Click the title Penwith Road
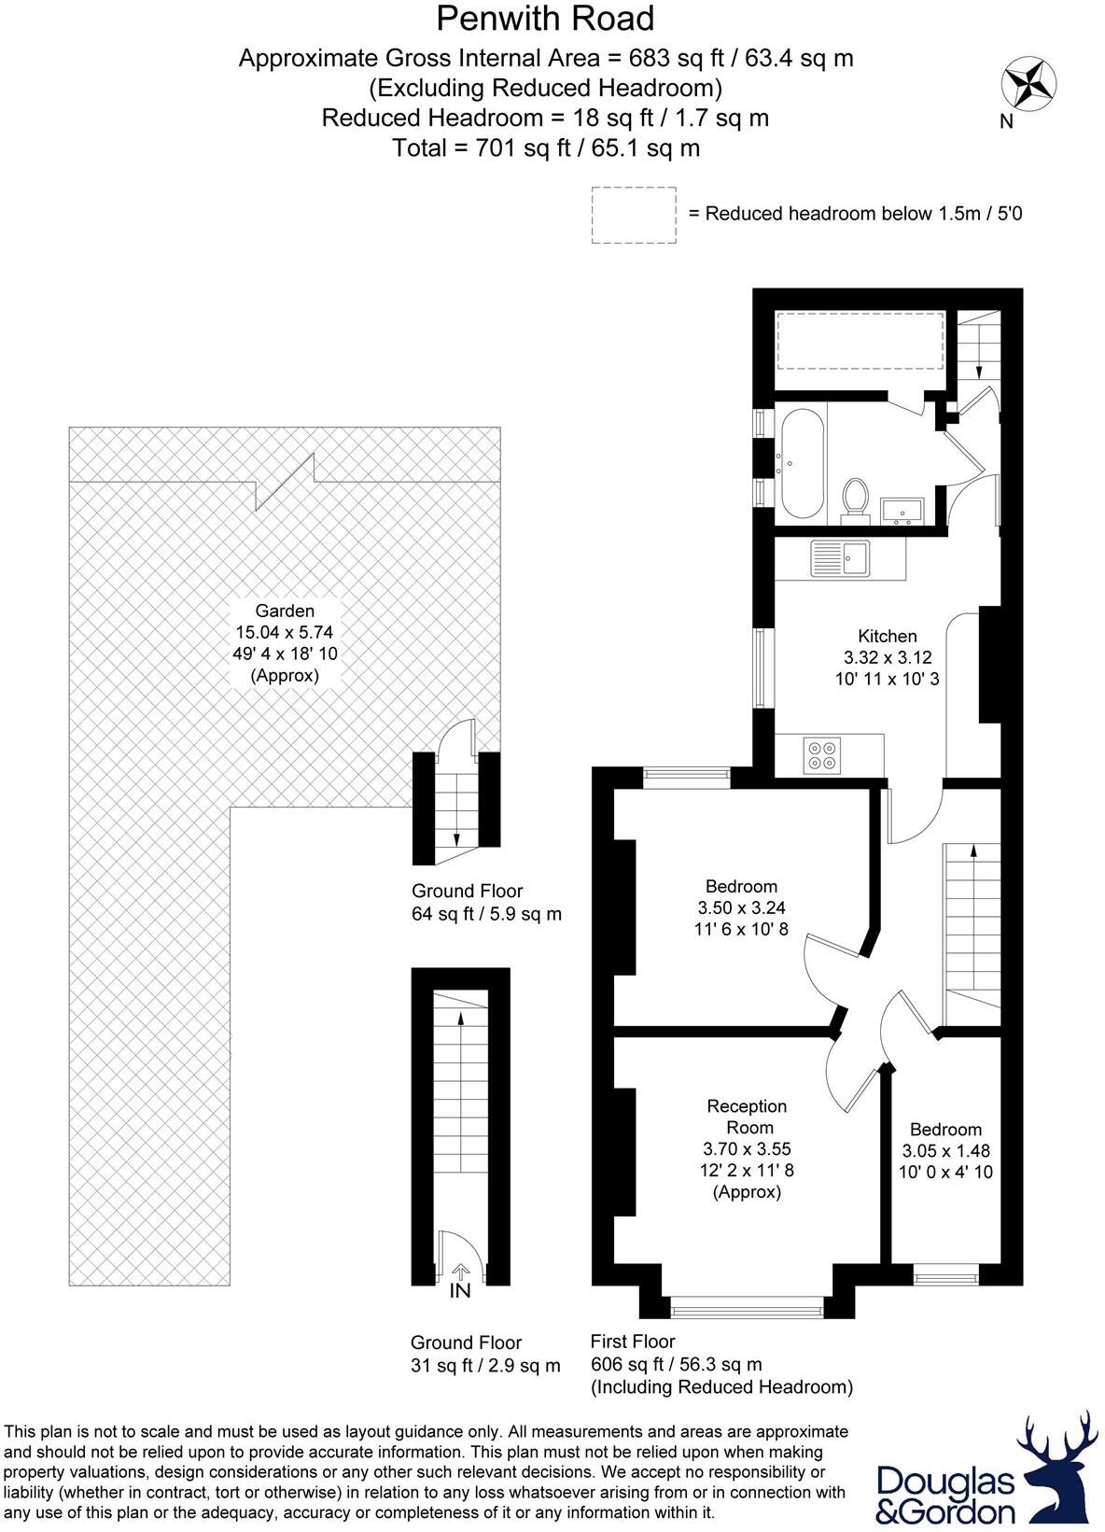(545, 19)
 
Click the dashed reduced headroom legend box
(634, 215)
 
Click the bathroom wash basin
(902, 511)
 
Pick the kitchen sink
(840, 558)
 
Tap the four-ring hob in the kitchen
(822, 755)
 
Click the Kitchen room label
(887, 636)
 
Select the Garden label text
(285, 611)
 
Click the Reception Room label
(747, 1117)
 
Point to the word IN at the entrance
(460, 1290)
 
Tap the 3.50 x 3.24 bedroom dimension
(741, 907)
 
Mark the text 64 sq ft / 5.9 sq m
(486, 914)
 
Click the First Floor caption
(633, 1342)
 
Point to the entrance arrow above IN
(461, 1272)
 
